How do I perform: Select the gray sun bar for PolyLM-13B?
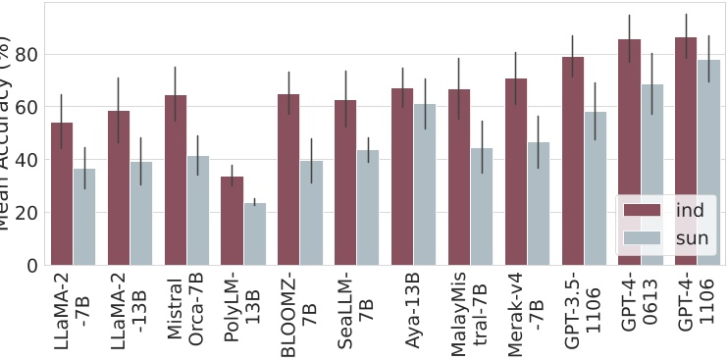pyautogui.click(x=255, y=234)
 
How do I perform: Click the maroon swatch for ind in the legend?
pyautogui.click(x=644, y=211)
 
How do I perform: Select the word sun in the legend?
pyautogui.click(x=692, y=237)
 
